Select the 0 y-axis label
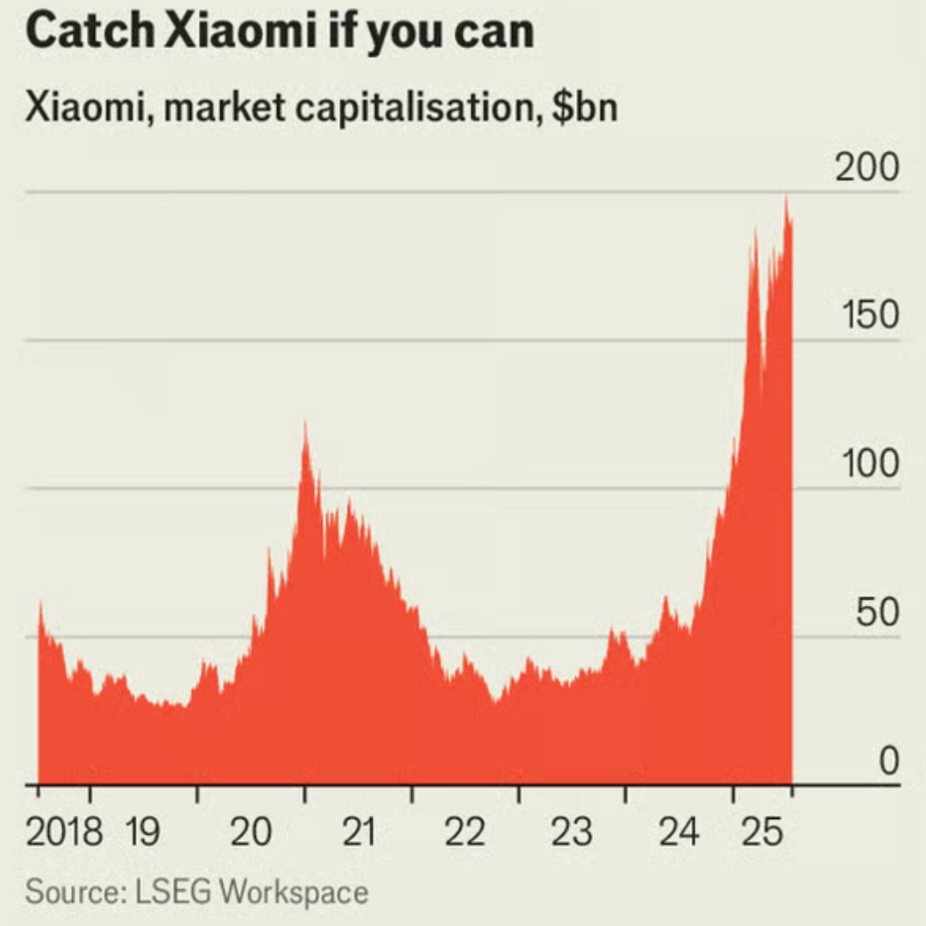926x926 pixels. coord(888,760)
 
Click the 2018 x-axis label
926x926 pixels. coord(64,831)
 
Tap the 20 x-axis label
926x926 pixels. coord(251,831)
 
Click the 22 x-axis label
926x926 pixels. coord(464,831)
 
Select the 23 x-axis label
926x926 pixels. coord(572,831)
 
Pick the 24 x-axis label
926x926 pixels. coord(679,831)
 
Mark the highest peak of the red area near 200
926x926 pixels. coord(787,196)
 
